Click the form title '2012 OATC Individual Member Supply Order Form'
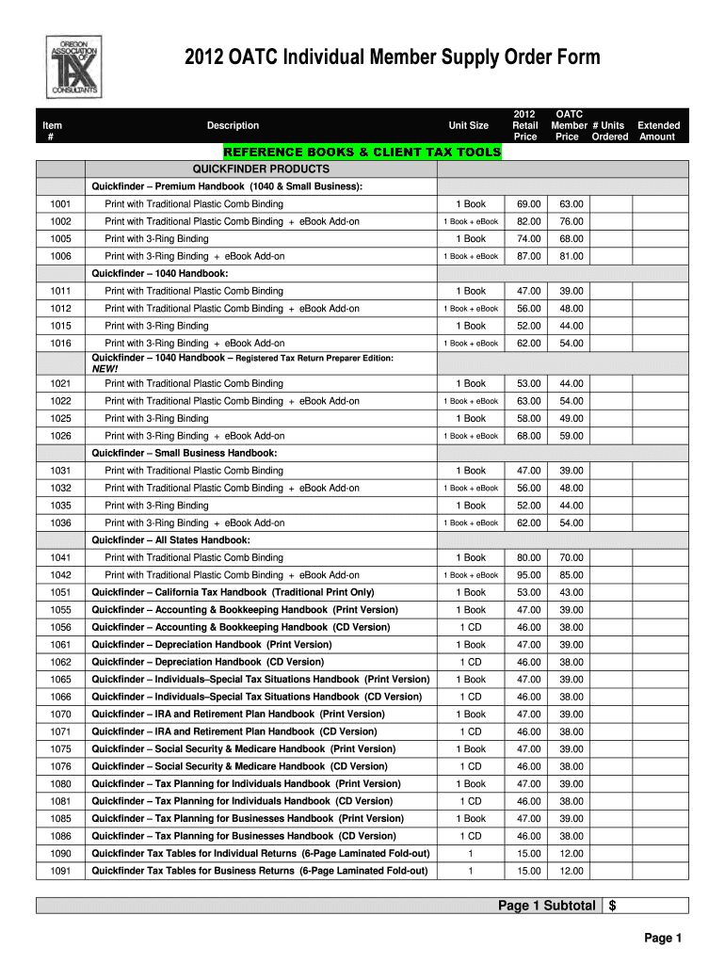coord(394,58)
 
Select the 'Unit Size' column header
coord(468,126)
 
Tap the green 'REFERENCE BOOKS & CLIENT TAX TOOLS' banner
coord(362,152)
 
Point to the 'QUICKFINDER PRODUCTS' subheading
coord(261,169)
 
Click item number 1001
coord(60,204)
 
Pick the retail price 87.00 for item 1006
coord(528,256)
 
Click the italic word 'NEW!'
coord(105,369)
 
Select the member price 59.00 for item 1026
coord(571,436)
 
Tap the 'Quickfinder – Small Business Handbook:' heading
coord(185,453)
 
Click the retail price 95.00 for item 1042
coord(528,575)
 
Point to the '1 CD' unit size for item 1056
coord(470,627)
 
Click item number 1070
coord(60,715)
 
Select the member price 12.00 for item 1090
coord(571,853)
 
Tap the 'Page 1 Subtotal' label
coord(547,906)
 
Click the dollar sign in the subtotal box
coord(613,906)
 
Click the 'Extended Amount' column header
coord(658,131)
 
